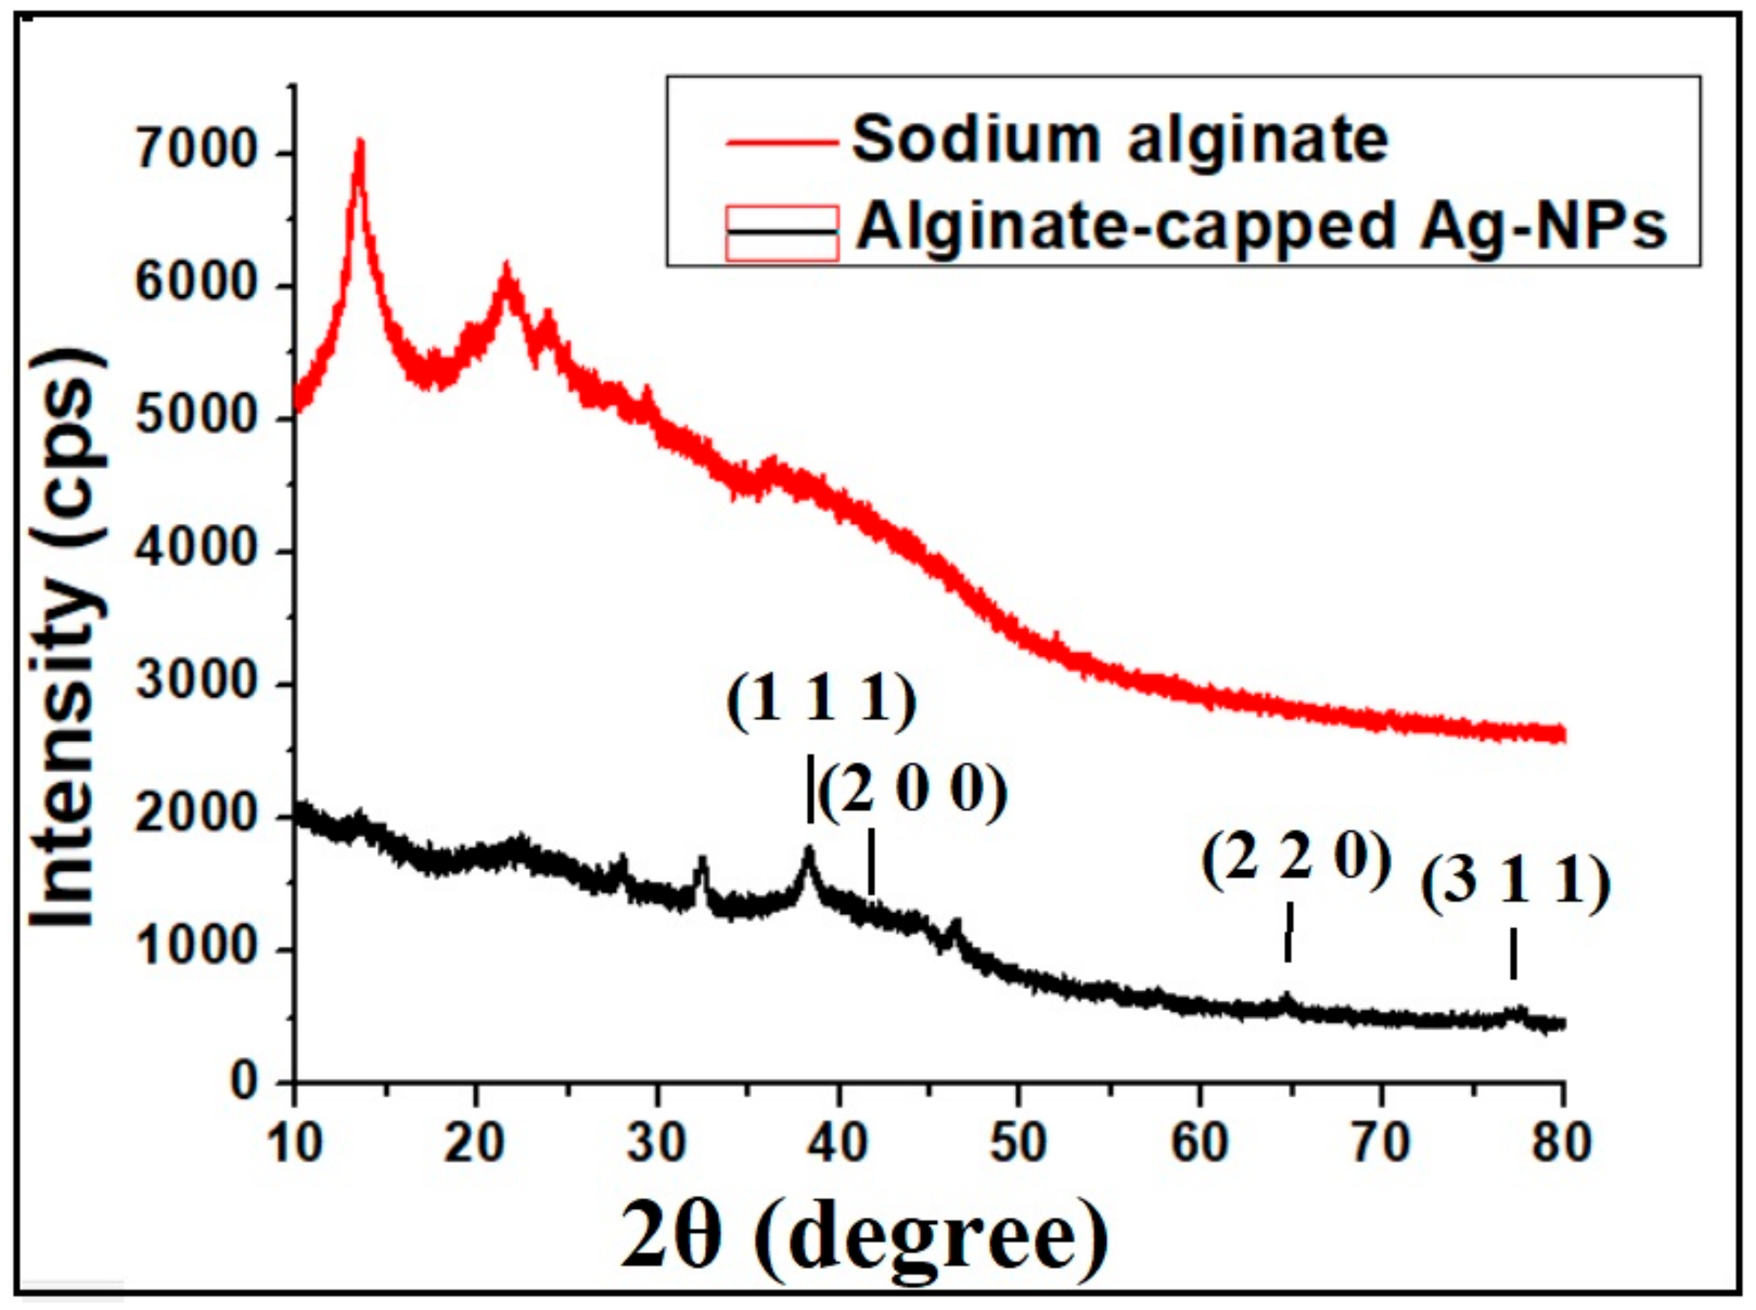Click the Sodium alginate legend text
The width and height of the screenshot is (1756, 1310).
pos(1120,140)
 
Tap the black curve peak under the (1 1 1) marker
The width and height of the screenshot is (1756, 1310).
pos(809,852)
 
